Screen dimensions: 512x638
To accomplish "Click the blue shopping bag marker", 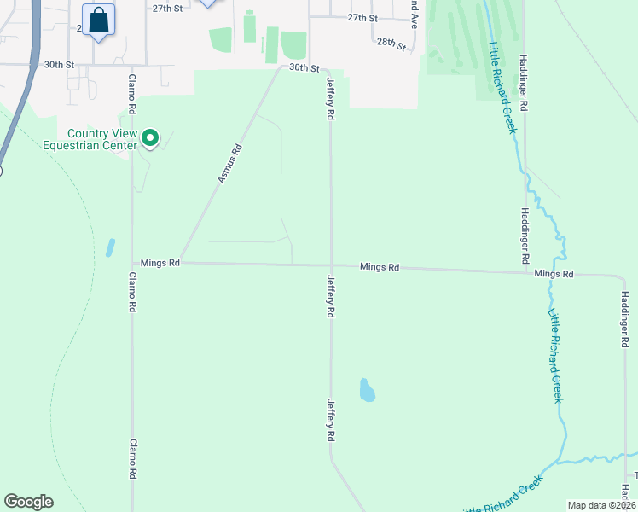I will pyautogui.click(x=98, y=20).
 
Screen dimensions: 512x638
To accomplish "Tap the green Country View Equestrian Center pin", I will pyautogui.click(x=150, y=137).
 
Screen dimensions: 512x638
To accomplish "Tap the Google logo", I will pyautogui.click(x=28, y=502).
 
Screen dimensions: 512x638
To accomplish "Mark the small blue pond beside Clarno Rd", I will pyautogui.click(x=110, y=247).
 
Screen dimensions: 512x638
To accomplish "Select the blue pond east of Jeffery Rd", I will pyautogui.click(x=367, y=390).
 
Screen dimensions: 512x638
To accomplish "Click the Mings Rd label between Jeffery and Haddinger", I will pyautogui.click(x=380, y=267).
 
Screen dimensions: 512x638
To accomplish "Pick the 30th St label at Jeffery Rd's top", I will pyautogui.click(x=304, y=67).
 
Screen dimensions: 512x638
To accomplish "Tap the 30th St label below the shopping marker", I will pyautogui.click(x=61, y=64).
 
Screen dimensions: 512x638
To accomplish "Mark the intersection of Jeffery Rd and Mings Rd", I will pyautogui.click(x=331, y=265).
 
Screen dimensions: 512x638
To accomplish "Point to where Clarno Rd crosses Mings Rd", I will pyautogui.click(x=131, y=263).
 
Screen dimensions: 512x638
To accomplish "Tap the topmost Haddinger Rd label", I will pyautogui.click(x=524, y=82).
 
